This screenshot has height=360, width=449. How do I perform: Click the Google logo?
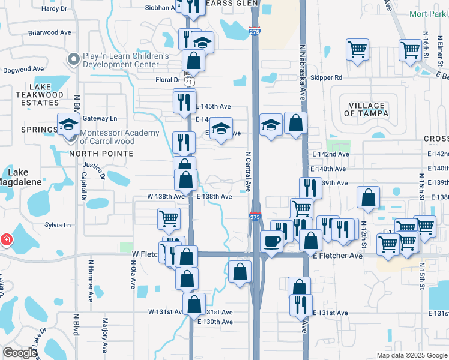(x=20, y=353)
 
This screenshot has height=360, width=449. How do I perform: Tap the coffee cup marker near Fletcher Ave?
(x=272, y=241)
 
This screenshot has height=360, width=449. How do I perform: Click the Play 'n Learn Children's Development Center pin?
(x=74, y=59)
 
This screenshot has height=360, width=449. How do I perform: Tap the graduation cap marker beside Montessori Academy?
(x=68, y=124)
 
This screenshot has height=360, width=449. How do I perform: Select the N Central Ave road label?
(x=247, y=171)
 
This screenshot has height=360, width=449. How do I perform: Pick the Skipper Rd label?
(x=330, y=77)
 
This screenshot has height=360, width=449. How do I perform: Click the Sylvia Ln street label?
(x=58, y=226)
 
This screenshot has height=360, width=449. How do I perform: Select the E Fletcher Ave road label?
(x=338, y=256)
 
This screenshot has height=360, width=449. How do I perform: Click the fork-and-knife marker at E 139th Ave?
(x=310, y=188)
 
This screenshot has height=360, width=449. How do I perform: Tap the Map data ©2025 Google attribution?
(x=411, y=355)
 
